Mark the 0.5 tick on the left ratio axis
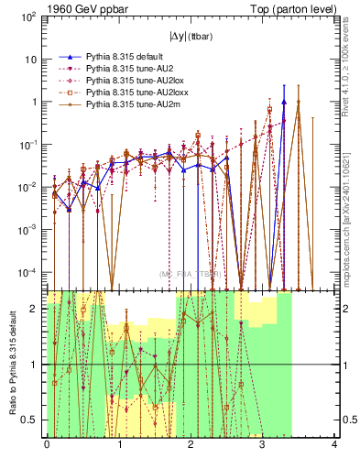pos(33,420)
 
